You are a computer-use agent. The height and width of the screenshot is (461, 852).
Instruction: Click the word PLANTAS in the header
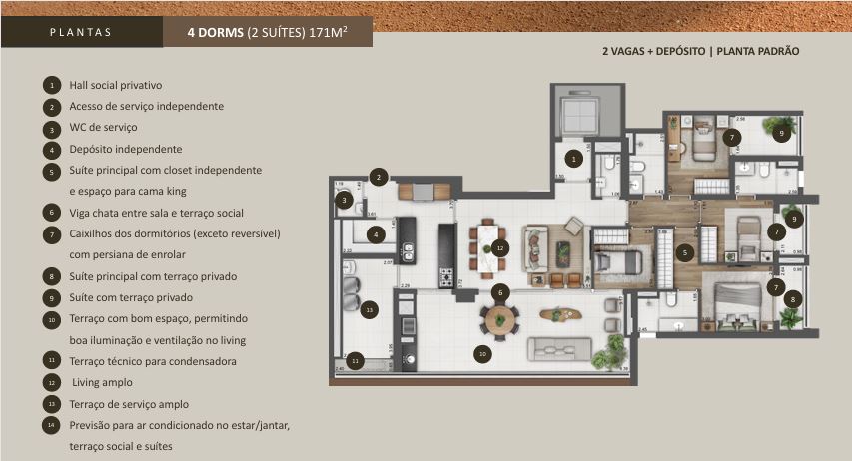click(x=80, y=32)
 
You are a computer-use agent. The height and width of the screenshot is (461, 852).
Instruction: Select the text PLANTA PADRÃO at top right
click(x=758, y=51)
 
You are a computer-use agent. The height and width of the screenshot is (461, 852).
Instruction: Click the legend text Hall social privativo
click(x=115, y=85)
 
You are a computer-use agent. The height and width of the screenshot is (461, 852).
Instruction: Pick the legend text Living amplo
click(x=101, y=382)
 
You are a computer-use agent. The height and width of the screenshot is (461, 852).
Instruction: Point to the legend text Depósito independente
click(x=125, y=149)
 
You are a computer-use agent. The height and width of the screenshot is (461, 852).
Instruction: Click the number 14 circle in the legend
click(x=51, y=425)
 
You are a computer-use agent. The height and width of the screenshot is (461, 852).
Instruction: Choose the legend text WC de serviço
click(x=103, y=128)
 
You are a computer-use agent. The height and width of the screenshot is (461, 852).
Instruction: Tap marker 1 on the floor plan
click(x=573, y=158)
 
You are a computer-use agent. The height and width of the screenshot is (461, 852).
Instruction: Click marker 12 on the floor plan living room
click(x=500, y=246)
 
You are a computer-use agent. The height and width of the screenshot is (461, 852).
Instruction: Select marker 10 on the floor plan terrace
click(x=482, y=352)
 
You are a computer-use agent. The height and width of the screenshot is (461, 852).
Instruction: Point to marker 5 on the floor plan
click(x=684, y=252)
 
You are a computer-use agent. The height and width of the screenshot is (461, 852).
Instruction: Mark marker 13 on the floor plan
click(x=370, y=309)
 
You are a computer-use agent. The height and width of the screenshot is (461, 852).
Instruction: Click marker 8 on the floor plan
click(x=792, y=297)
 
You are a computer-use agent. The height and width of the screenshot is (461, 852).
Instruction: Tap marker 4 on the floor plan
click(x=376, y=235)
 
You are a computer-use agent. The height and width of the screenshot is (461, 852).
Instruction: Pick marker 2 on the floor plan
click(x=378, y=177)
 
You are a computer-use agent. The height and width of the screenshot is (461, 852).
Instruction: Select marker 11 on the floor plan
click(x=356, y=359)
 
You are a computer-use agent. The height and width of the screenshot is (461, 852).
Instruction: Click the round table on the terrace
click(x=500, y=319)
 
